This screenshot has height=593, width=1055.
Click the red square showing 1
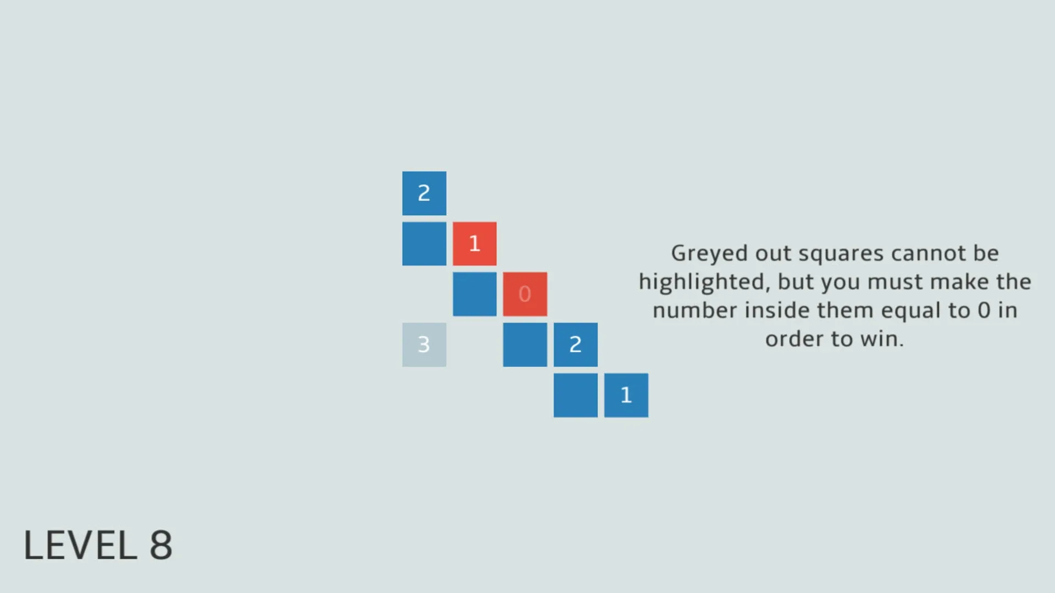(474, 243)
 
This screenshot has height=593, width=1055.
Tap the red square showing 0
(525, 294)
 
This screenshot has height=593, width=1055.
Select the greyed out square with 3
(424, 345)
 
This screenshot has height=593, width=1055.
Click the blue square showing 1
(626, 395)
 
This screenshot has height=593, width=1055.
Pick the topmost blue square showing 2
(424, 193)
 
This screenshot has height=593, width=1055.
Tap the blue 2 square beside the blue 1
(575, 345)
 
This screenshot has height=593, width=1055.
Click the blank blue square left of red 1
(424, 243)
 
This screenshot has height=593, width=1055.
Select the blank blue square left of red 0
(474, 294)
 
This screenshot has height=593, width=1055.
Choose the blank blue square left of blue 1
(575, 395)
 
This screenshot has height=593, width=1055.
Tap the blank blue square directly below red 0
(525, 345)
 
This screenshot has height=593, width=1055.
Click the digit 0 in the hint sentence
(984, 311)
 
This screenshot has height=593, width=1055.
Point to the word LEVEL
(80, 546)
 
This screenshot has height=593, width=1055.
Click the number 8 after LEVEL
(160, 546)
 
